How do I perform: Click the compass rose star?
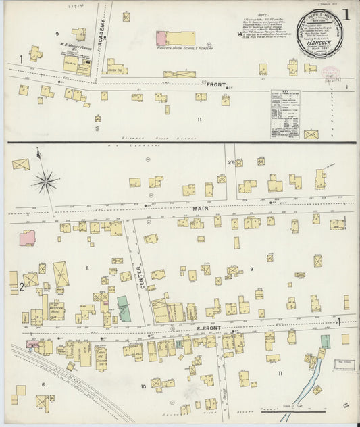click(45, 180)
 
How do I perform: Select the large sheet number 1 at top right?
click(345, 14)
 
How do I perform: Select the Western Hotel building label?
click(57, 311)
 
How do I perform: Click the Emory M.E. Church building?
click(101, 357)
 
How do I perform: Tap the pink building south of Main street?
click(27, 238)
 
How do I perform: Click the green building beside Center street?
click(124, 309)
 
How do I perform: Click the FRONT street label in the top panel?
click(215, 84)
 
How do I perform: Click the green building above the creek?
click(325, 341)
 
